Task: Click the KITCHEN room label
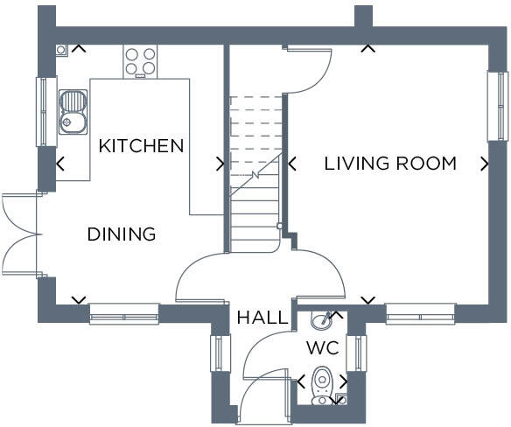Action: (141, 146)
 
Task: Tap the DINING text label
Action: (122, 234)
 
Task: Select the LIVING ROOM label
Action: (390, 164)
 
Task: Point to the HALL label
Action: (262, 318)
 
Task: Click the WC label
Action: (323, 347)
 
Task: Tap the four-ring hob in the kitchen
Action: (140, 61)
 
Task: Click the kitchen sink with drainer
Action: (73, 112)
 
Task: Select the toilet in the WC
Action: (322, 386)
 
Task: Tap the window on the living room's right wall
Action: (498, 106)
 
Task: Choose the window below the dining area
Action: (124, 314)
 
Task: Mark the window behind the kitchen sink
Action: (46, 111)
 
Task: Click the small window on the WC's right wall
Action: (356, 353)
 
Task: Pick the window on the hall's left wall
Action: (220, 353)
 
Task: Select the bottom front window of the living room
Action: (420, 314)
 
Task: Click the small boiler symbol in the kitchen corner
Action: (61, 50)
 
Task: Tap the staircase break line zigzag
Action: (255, 176)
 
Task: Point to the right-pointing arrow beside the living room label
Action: (485, 164)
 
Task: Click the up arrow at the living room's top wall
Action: (368, 49)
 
